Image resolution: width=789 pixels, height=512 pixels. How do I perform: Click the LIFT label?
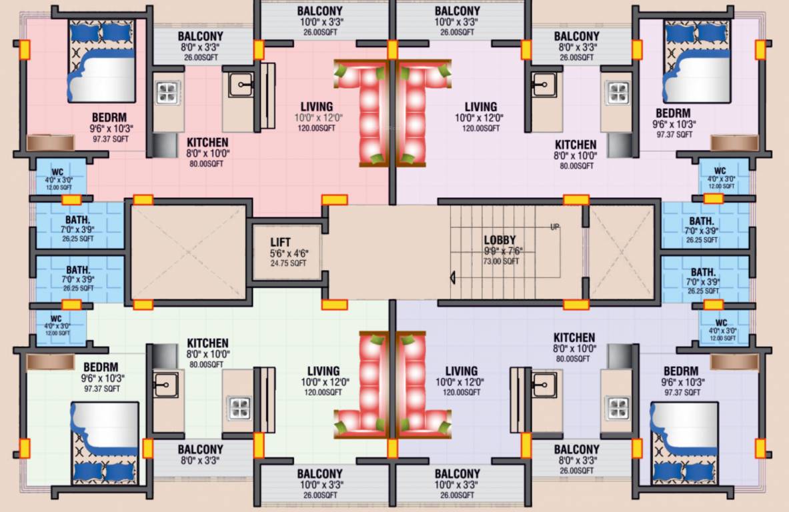281,242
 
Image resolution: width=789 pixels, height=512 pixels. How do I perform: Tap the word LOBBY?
500,240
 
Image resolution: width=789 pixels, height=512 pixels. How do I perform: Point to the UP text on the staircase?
555,227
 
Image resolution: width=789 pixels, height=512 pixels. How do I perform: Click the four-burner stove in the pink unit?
167,93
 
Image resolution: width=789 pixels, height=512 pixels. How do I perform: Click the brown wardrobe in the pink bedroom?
50,143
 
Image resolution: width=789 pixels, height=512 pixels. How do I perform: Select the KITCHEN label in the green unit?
207,343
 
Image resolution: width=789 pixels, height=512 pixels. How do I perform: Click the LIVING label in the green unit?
323,371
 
